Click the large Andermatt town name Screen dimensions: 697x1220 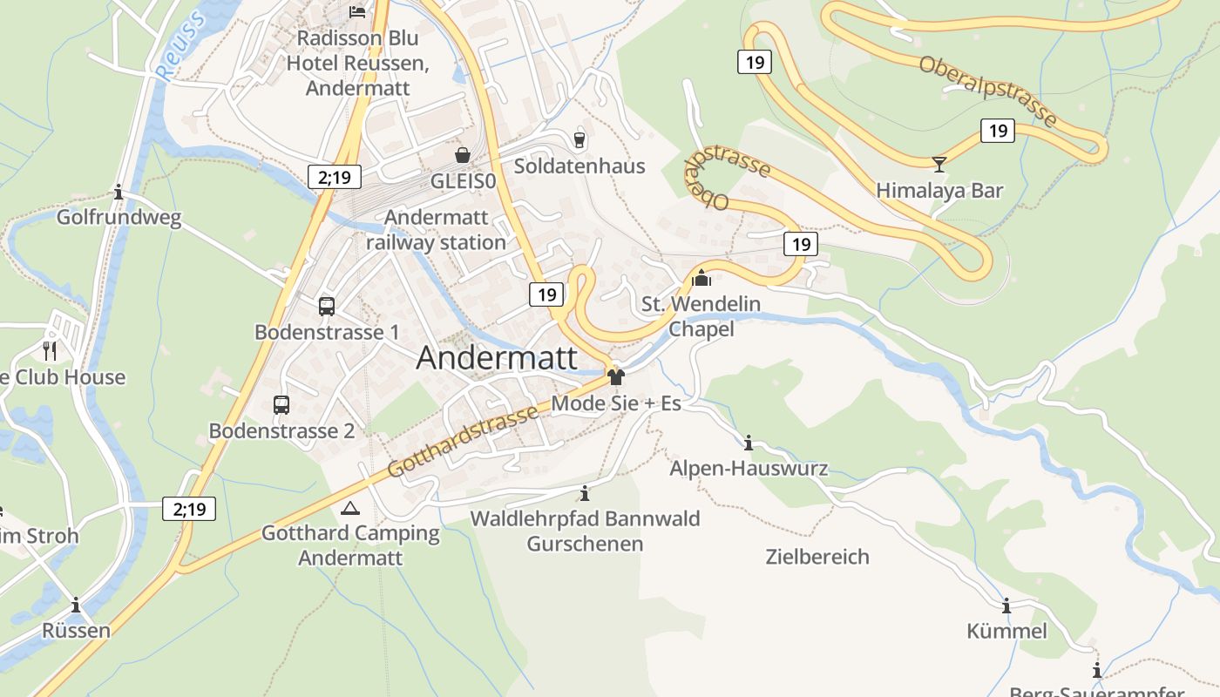point(497,358)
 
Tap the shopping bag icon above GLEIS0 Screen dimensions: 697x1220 point(462,155)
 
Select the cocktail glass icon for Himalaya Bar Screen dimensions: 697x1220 point(939,164)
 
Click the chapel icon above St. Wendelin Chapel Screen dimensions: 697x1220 point(701,279)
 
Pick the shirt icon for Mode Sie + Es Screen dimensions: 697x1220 point(616,377)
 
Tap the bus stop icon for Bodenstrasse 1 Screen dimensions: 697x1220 point(326,307)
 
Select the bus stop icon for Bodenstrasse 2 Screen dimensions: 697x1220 point(281,405)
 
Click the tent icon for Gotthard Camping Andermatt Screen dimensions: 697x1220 point(350,508)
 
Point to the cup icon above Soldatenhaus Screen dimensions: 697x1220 point(579,139)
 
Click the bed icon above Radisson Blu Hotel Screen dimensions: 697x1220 point(356,11)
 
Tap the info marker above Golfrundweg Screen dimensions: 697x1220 point(119,193)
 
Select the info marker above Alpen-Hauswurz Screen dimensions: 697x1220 point(748,443)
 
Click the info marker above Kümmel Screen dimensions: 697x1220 point(1006,606)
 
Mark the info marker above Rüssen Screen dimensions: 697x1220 point(76,605)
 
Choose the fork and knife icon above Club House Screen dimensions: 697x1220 point(50,351)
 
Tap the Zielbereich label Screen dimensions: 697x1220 point(817,557)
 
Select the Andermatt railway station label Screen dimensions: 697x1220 point(436,230)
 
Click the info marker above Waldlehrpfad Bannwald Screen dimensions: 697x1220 point(585,494)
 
